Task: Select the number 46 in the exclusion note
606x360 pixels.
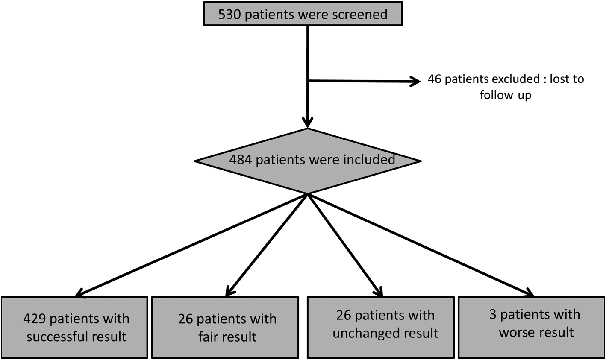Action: (435, 79)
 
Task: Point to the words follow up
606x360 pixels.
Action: (505, 95)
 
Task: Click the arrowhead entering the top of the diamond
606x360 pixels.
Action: (308, 123)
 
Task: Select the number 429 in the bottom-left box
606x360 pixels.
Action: (35, 319)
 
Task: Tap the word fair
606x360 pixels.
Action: (209, 337)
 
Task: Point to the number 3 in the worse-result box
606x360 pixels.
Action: (494, 315)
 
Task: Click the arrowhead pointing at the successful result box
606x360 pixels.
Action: (79, 294)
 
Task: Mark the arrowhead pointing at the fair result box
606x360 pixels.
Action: (229, 292)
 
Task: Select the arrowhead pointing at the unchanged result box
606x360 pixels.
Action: (379, 292)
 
